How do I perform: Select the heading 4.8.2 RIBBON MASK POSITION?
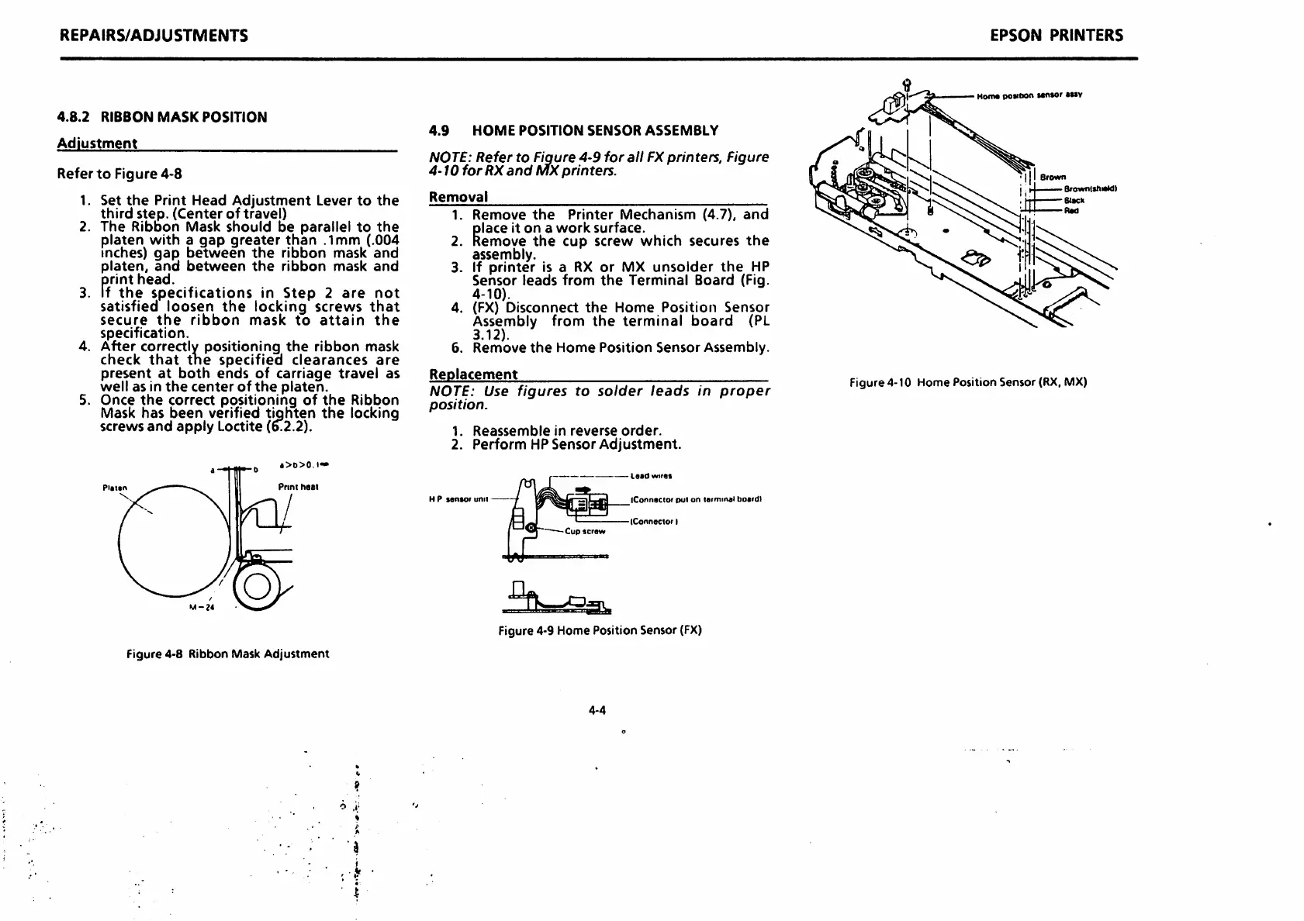[162, 117]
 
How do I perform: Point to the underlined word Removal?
[458, 197]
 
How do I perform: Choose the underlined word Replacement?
[473, 374]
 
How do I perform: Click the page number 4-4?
[597, 710]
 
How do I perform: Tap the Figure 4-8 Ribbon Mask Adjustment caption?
[227, 654]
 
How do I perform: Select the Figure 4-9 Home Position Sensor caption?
[600, 630]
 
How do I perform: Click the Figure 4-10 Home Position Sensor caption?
[968, 382]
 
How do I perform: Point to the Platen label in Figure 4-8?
[115, 488]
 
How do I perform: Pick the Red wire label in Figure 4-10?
[1071, 211]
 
